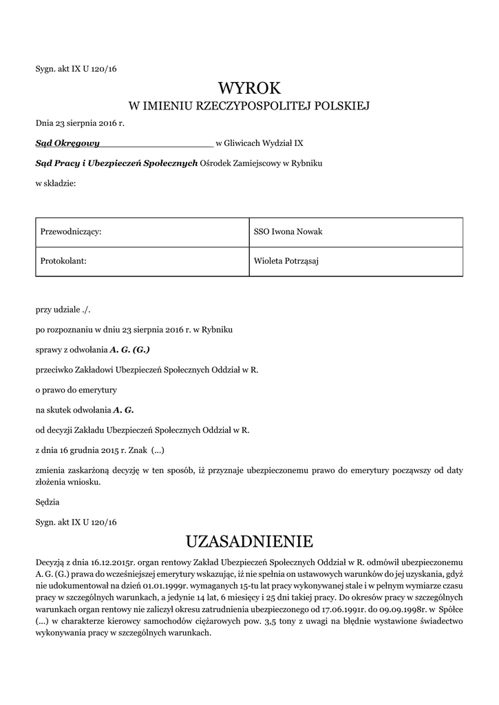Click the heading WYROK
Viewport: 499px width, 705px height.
(x=249, y=88)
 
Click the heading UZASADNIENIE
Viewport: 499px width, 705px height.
(x=249, y=539)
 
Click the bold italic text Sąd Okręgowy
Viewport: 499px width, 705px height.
(x=67, y=143)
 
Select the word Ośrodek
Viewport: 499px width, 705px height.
(x=215, y=163)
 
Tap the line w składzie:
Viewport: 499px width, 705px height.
(x=56, y=183)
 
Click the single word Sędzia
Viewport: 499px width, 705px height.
(x=47, y=503)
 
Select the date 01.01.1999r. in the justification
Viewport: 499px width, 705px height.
(x=165, y=585)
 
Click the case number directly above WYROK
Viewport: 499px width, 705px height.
(x=76, y=68)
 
